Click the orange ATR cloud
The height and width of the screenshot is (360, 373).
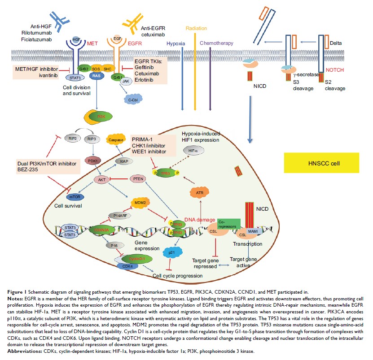[x=200, y=193]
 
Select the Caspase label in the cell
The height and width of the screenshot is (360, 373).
[x=116, y=139]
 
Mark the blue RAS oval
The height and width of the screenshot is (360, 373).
[x=97, y=76]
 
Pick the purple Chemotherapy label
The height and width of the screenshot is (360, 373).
[x=216, y=43]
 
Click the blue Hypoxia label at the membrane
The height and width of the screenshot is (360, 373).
[x=176, y=43]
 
